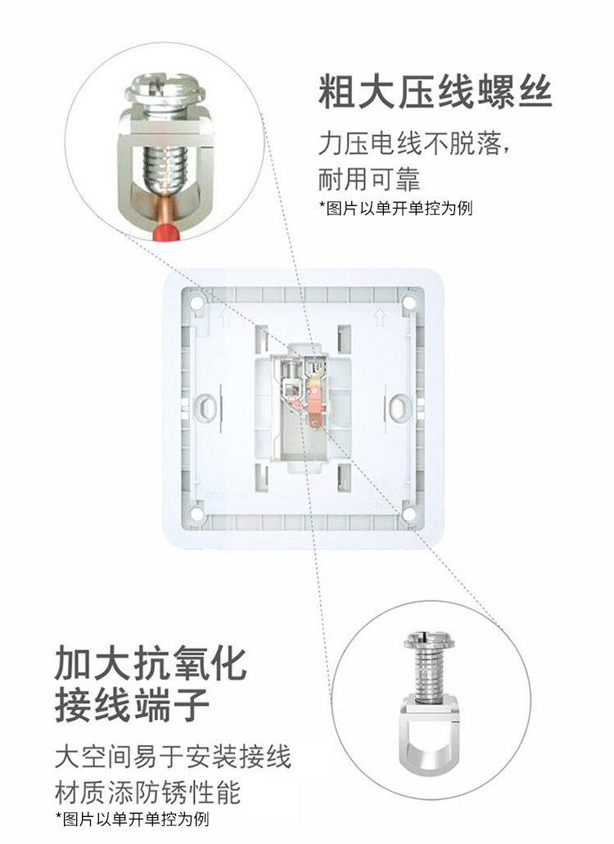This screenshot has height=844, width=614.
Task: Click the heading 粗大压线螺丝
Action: click(436, 92)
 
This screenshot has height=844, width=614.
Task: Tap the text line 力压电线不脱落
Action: click(413, 144)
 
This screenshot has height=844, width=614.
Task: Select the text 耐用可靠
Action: click(369, 179)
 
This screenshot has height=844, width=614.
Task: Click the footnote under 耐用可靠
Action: click(396, 208)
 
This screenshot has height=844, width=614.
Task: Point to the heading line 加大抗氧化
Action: click(151, 663)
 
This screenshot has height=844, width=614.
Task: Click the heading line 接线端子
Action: click(132, 704)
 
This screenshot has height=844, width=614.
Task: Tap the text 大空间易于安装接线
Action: click(173, 756)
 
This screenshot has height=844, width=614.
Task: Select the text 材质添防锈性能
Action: click(147, 792)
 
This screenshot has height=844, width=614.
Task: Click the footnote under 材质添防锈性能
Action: click(132, 819)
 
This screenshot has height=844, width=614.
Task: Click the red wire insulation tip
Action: click(166, 233)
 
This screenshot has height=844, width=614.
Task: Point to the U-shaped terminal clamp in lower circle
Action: click(429, 733)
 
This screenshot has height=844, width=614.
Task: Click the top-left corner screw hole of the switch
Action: click(196, 303)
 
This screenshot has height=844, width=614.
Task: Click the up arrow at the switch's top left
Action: click(226, 317)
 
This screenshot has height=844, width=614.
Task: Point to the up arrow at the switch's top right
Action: click(380, 317)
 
